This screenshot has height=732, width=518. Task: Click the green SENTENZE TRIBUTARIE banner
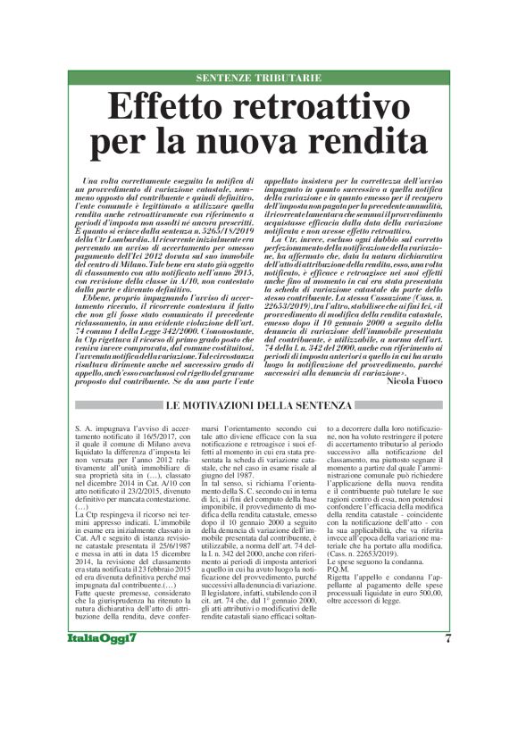[258, 79]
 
